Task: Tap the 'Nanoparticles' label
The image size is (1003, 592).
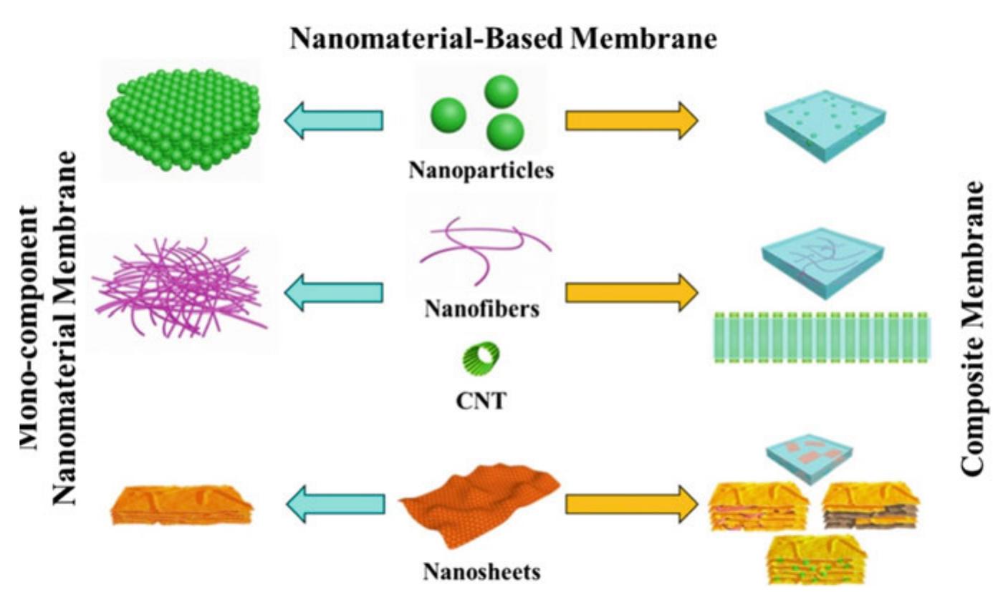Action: coord(481,171)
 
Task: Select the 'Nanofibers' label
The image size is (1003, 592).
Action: coord(481,309)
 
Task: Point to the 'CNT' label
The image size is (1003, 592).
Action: coord(481,399)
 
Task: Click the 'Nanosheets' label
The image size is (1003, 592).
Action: coord(481,571)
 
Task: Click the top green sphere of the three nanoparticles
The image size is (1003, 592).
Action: coord(501,92)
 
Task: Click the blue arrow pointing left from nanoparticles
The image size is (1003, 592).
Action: coord(333,121)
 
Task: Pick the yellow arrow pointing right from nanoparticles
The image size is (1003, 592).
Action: coord(631,120)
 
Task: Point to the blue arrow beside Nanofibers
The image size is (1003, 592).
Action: coord(333,291)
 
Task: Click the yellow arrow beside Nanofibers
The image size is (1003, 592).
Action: coord(631,291)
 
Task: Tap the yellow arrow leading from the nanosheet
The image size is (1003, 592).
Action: coord(631,504)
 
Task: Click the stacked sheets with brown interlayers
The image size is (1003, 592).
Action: coord(870,506)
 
